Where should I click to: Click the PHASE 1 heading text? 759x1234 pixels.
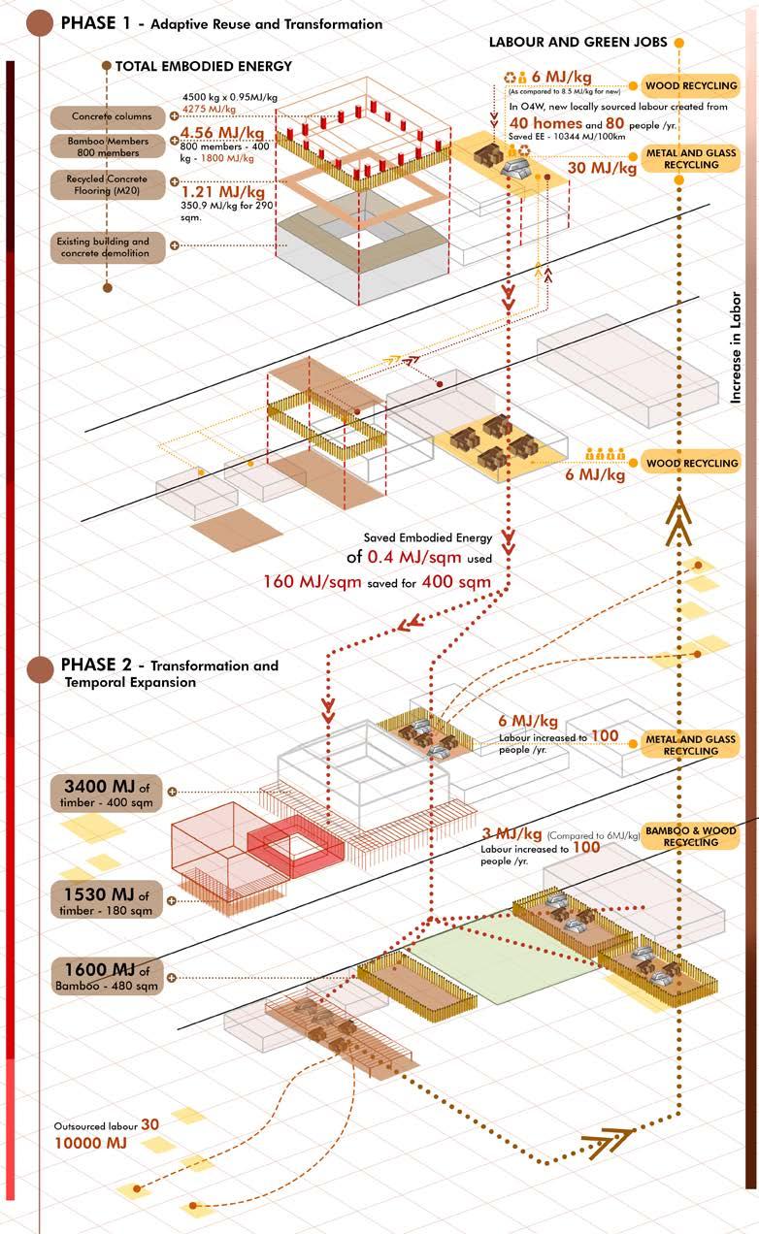coord(97,23)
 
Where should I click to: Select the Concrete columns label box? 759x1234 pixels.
coord(112,117)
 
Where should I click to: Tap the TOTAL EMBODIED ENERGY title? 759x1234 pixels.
coord(203,66)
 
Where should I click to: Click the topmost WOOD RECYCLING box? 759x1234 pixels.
coord(691,86)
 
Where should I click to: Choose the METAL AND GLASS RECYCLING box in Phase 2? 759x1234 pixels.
coord(691,745)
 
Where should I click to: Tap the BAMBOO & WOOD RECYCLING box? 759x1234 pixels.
coord(691,836)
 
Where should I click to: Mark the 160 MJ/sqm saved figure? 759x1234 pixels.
coord(313,582)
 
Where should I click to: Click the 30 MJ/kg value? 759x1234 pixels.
coord(602,167)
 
